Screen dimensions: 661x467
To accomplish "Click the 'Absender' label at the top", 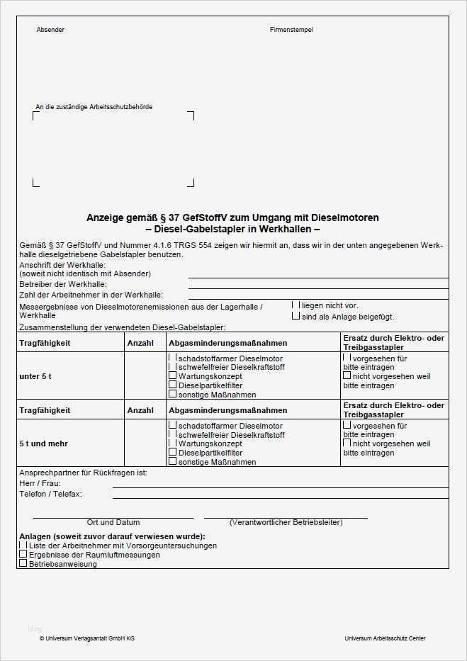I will tap(50, 30).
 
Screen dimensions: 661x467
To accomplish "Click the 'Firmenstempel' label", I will tap(291, 30).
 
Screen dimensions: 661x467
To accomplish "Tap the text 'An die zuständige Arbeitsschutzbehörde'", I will tap(94, 107).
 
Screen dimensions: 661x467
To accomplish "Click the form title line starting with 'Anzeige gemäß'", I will tap(232, 217).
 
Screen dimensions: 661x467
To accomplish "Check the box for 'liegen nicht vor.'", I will tap(296, 305).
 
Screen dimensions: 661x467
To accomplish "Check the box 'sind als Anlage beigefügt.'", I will tap(296, 316).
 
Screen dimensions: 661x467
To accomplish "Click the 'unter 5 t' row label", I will tap(35, 376).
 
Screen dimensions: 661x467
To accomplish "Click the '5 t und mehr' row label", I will tap(43, 444).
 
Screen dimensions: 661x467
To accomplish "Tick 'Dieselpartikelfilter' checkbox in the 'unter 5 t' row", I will tap(172, 385).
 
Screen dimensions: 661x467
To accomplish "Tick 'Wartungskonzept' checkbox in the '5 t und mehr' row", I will tap(172, 443).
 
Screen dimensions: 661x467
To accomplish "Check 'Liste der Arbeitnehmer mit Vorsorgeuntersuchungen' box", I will tap(23, 546).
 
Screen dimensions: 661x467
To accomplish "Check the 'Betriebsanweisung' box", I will tap(23, 564).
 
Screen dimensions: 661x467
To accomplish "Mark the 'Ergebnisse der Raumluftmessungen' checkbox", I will tap(23, 555).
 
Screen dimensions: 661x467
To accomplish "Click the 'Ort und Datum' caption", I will tap(113, 522).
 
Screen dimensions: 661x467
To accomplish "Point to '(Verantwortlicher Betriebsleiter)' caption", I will tap(286, 522).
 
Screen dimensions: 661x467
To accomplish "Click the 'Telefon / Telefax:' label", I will tap(50, 493).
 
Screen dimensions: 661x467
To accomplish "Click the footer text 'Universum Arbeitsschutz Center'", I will tap(385, 638).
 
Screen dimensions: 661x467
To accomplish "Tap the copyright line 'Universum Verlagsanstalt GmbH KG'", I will tap(89, 638).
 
